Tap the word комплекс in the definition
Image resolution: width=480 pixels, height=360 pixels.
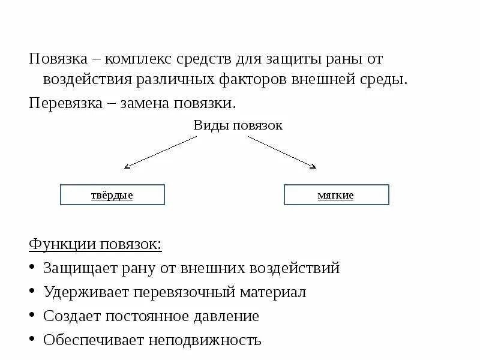pos(140,59)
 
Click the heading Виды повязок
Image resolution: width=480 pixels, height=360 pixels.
pos(238,125)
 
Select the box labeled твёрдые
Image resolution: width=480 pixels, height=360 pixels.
pos(112,195)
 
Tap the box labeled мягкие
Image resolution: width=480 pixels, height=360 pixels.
pos(336,195)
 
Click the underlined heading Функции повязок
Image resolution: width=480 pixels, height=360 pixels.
pos(95,244)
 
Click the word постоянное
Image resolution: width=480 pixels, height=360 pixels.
pos(148,316)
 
